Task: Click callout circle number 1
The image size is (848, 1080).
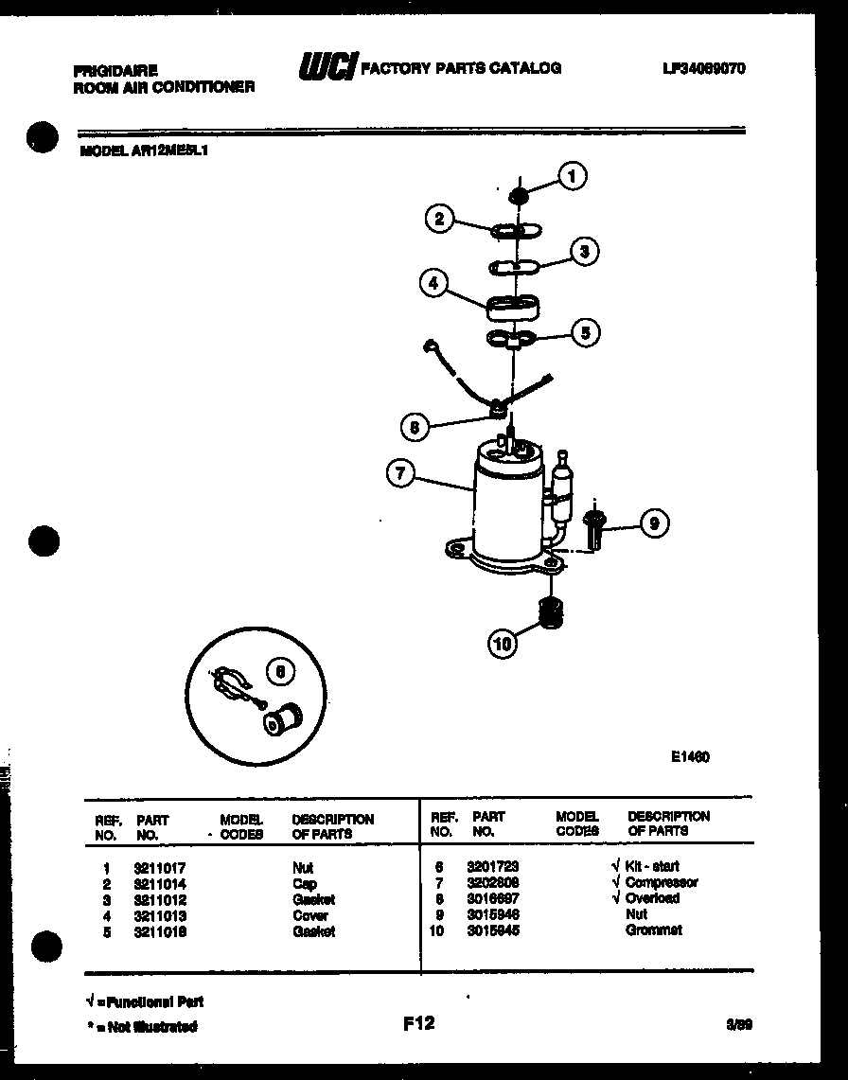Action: (x=572, y=176)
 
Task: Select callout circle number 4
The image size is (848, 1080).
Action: (x=433, y=283)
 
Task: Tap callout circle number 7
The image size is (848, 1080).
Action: (x=400, y=473)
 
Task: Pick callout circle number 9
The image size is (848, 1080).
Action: (x=655, y=523)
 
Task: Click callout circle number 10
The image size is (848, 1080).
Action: (x=503, y=644)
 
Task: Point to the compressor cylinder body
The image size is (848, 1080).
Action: (x=505, y=511)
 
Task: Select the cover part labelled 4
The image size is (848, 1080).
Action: (x=512, y=308)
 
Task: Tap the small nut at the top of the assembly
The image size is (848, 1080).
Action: (x=518, y=196)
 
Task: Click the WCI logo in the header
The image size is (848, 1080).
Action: (x=327, y=66)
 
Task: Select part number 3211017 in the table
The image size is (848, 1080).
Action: (x=160, y=867)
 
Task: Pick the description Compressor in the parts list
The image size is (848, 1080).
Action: (x=662, y=882)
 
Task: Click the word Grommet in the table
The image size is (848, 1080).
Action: (x=653, y=930)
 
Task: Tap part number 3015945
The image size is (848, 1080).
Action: (x=493, y=930)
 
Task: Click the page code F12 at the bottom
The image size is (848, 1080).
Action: (x=418, y=1023)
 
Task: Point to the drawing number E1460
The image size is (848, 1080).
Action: (x=691, y=756)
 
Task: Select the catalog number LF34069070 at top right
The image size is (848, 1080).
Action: (x=704, y=69)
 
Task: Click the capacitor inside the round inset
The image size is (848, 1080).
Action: (x=281, y=719)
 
